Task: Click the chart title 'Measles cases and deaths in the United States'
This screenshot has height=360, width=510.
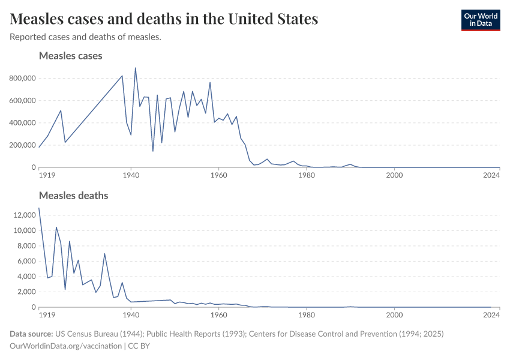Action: click(164, 19)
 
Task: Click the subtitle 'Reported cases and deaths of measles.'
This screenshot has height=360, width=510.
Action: click(85, 37)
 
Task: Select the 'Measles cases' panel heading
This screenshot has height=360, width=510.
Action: click(70, 56)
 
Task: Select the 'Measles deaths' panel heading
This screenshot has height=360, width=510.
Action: click(73, 196)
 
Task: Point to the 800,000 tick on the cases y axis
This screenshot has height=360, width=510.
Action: click(22, 78)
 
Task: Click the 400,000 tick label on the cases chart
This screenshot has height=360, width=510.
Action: click(22, 123)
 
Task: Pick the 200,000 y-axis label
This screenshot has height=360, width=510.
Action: click(22, 145)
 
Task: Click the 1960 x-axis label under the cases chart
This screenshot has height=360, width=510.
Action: click(219, 175)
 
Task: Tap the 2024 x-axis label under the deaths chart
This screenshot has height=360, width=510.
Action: click(491, 315)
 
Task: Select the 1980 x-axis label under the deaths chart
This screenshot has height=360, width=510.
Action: click(307, 315)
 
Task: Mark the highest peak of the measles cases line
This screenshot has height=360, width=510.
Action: click(135, 68)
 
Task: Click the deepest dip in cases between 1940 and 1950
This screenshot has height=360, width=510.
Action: click(153, 151)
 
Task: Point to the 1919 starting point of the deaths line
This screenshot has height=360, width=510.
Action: click(39, 208)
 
